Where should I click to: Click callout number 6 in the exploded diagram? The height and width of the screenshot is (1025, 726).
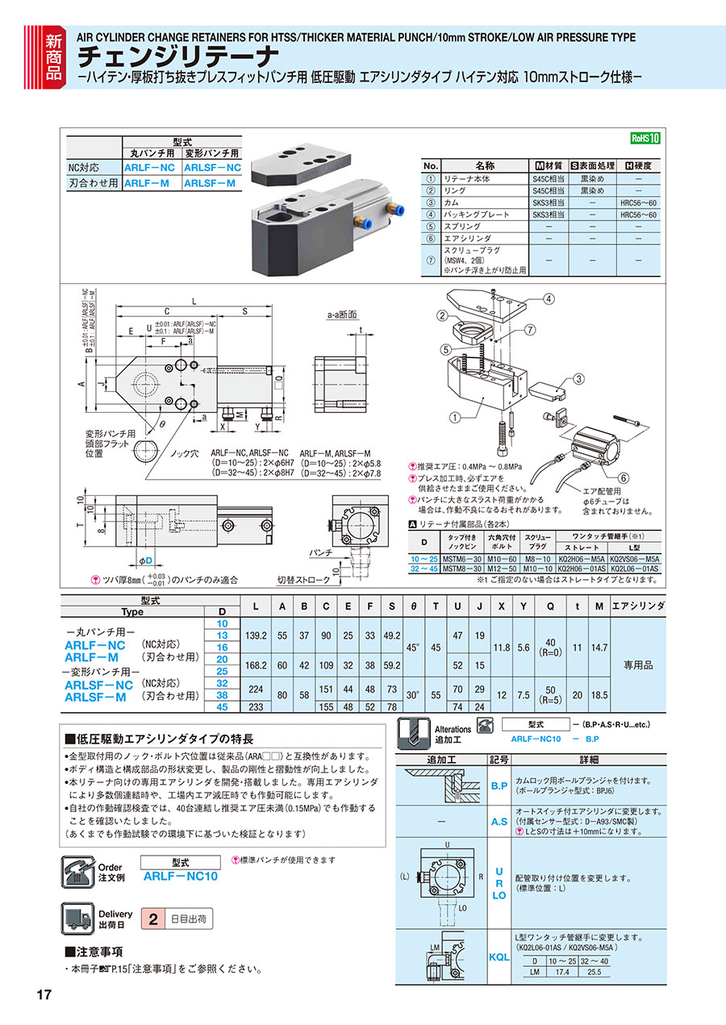(622, 478)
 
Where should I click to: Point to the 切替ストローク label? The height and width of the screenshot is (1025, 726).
(303, 580)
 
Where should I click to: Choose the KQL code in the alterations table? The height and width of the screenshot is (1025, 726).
(499, 956)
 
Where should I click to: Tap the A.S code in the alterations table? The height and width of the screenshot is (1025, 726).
(499, 822)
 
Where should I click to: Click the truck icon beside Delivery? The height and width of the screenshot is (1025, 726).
(78, 919)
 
